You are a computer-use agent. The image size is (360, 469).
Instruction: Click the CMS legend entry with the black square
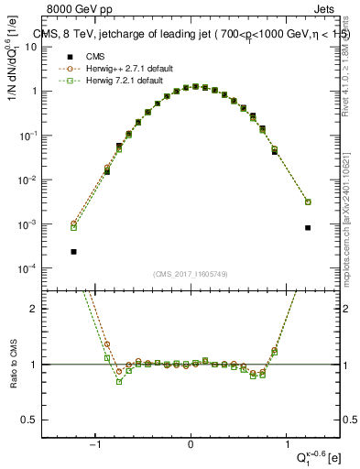(91, 57)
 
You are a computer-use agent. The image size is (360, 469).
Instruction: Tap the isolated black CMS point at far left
(73, 251)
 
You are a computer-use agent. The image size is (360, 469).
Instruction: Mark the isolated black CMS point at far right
(308, 227)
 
